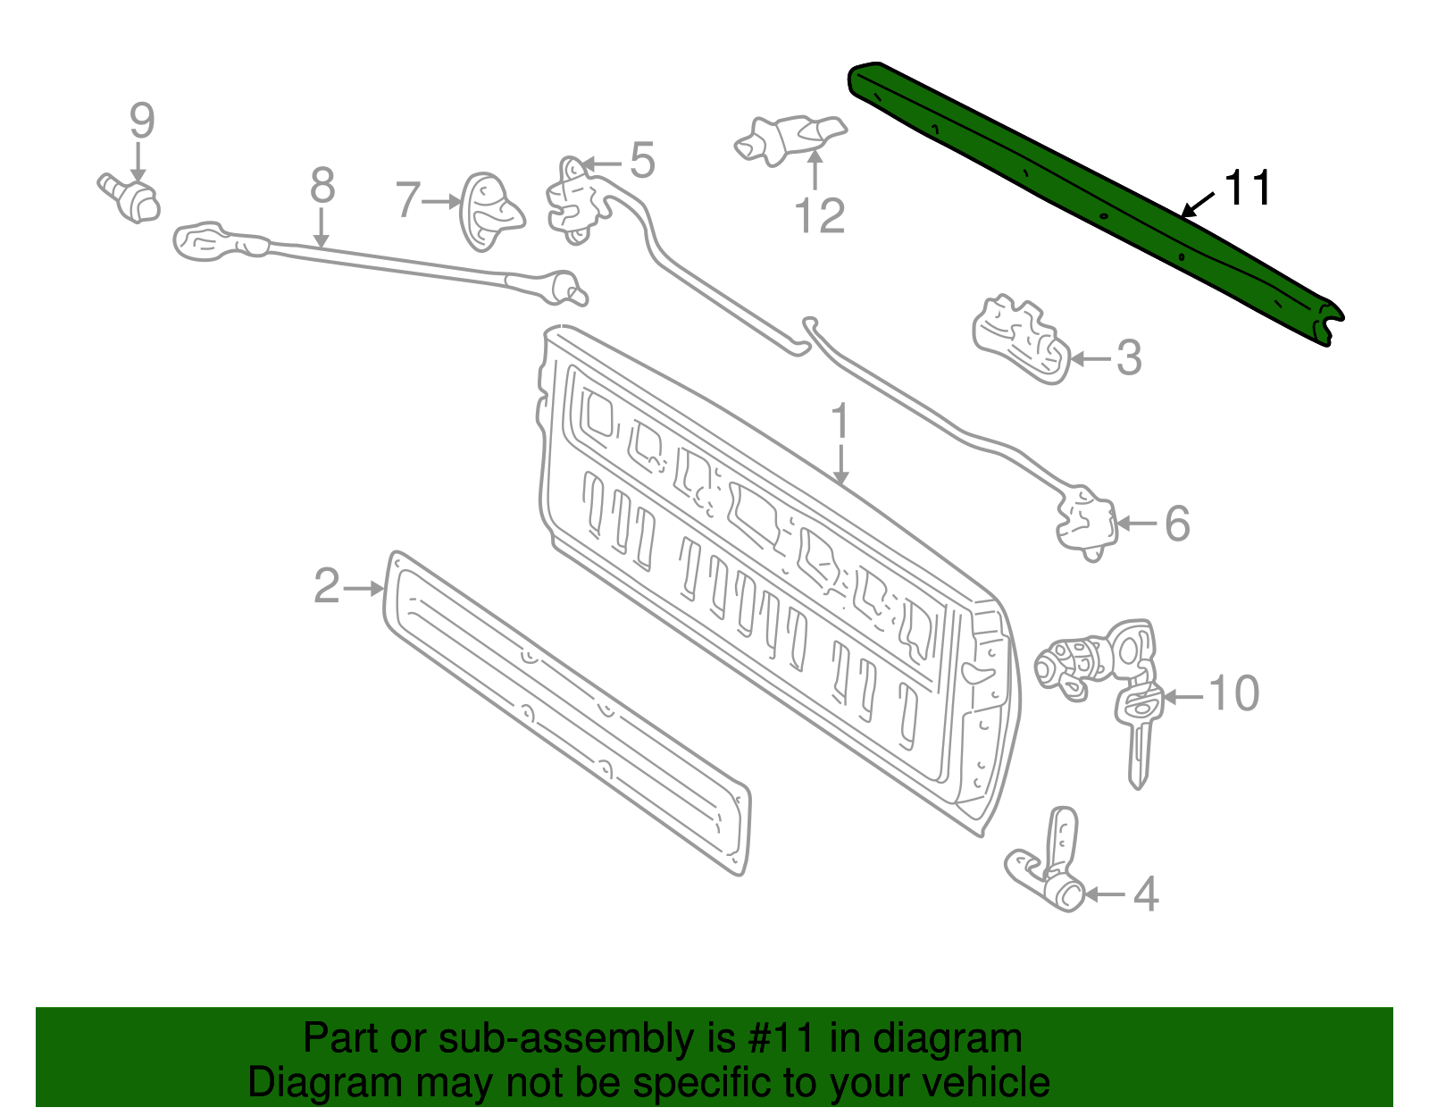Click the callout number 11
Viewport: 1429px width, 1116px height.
coord(1247,189)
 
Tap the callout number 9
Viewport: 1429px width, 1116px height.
coord(142,122)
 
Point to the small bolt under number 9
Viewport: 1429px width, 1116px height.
coord(130,197)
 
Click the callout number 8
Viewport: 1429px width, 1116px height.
coord(322,187)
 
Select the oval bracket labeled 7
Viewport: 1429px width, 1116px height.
coord(487,212)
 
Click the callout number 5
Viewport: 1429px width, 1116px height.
coord(642,161)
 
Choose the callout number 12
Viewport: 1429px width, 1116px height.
coord(819,216)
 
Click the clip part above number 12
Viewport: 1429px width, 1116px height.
coord(790,138)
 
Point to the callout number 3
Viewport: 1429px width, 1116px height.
coord(1129,358)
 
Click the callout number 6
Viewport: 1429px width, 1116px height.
coord(1177,524)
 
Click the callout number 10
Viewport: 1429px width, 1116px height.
coord(1233,694)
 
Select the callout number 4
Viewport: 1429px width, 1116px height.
coord(1145,894)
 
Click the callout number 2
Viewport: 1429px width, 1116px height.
coord(327,587)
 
